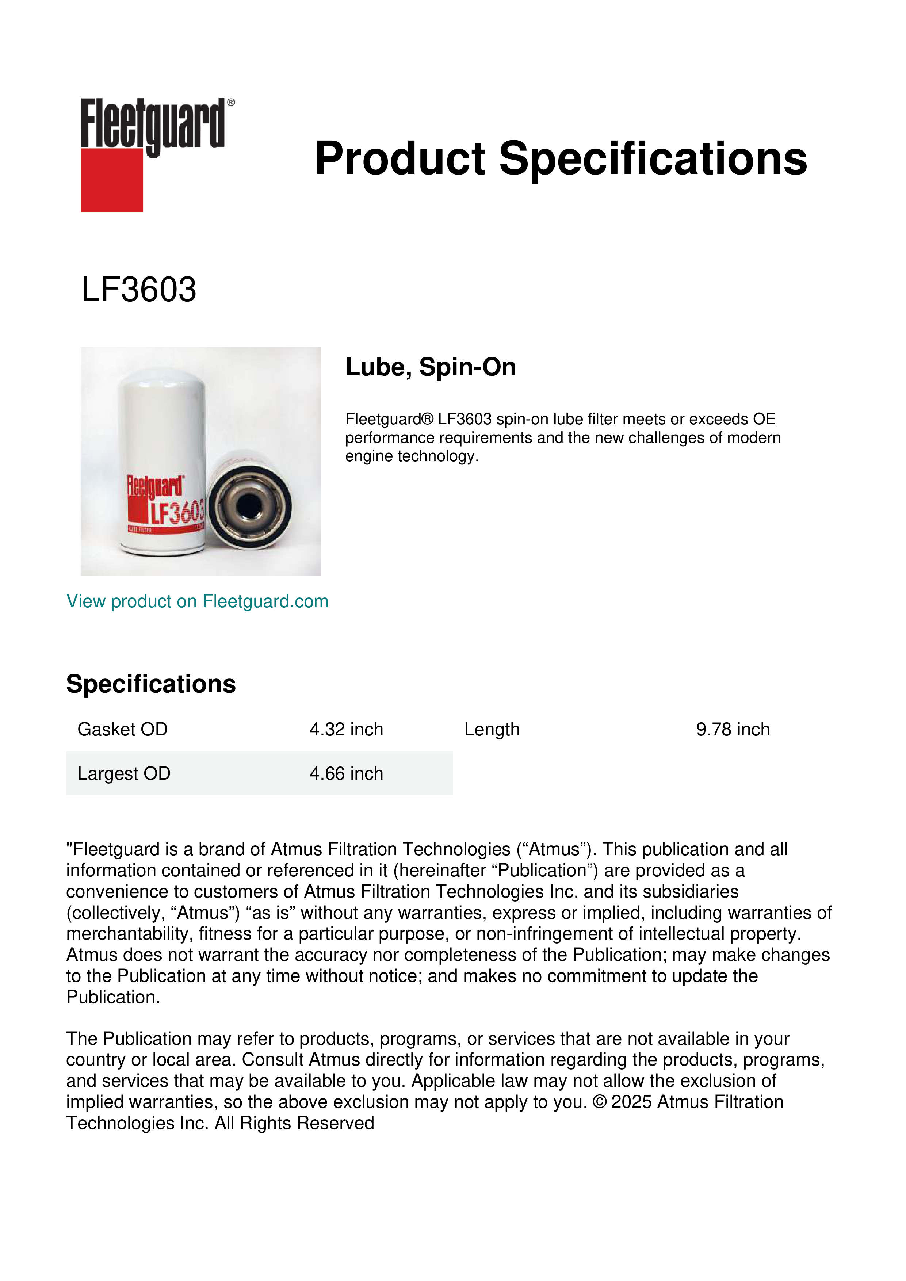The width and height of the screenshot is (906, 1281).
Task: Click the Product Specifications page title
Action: pos(561,158)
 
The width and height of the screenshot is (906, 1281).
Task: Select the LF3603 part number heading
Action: pos(139,290)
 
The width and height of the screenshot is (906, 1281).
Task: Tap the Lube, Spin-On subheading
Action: pos(431,367)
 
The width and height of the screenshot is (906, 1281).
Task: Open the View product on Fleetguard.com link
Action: pos(197,601)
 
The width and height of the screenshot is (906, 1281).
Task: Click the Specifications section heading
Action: pos(150,684)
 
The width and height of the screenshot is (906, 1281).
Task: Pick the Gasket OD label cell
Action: pos(122,729)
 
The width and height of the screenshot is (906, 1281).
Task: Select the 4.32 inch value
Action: pos(347,729)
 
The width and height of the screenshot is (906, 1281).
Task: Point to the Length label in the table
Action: pos(492,729)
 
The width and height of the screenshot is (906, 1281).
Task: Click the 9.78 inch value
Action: pos(733,729)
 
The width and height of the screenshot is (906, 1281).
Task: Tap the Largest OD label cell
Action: pos(124,773)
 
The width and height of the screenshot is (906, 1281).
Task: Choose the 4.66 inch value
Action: pos(347,773)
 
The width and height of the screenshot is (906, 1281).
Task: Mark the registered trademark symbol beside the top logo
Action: pos(231,103)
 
